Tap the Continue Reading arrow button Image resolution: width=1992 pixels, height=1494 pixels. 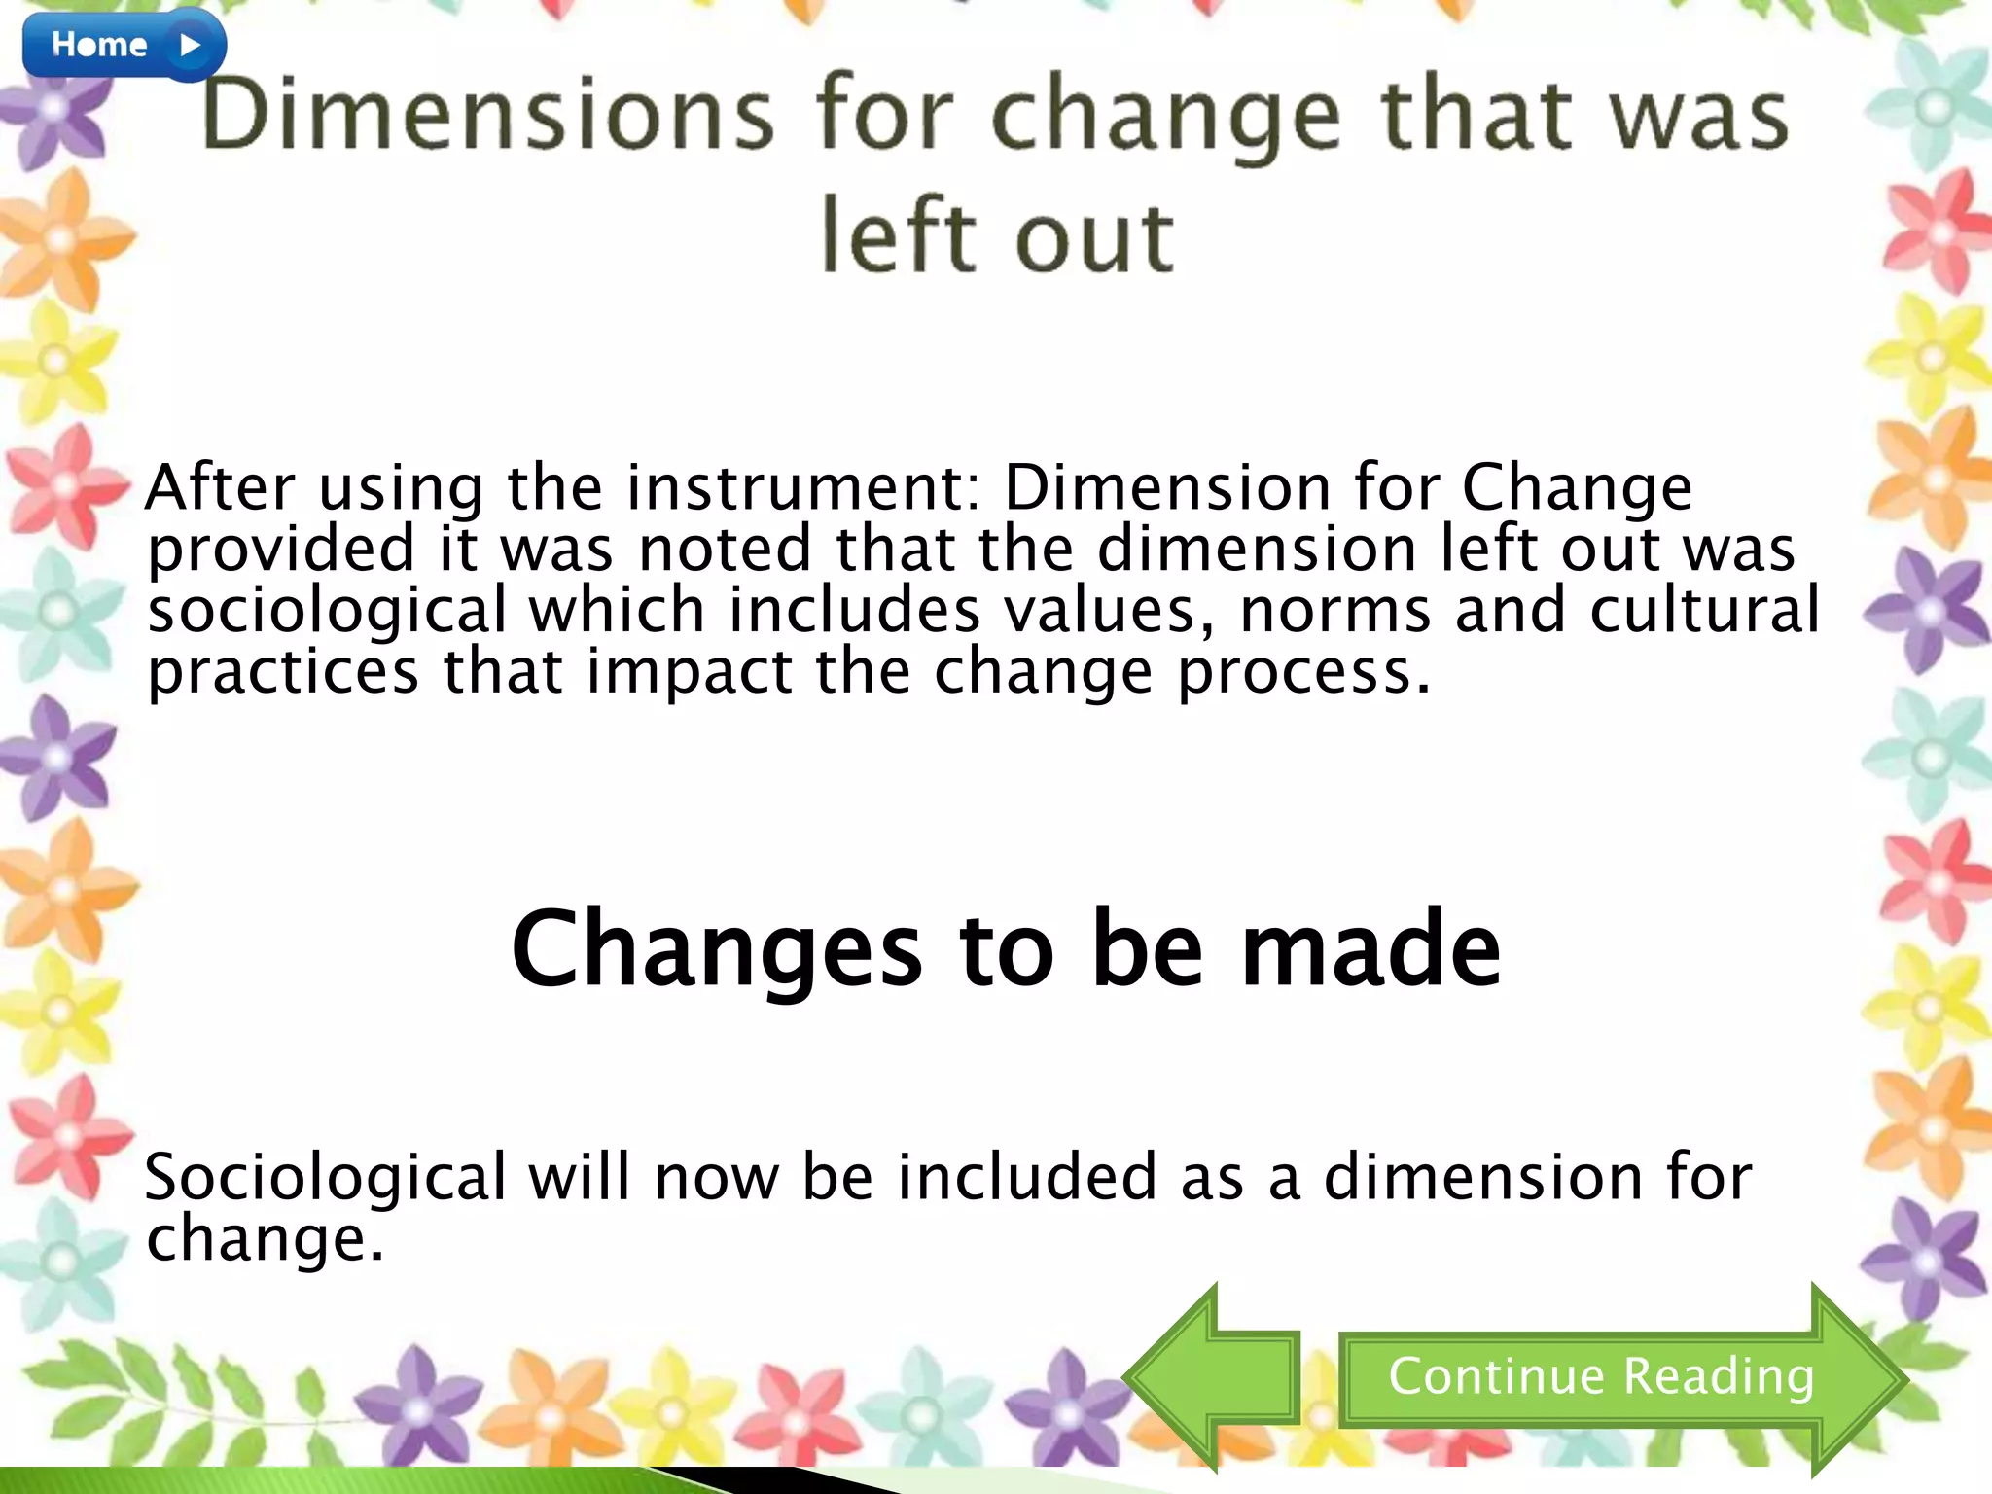pos(1601,1377)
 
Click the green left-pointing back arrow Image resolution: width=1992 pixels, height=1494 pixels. pos(1211,1377)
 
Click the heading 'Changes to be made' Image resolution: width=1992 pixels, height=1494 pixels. pos(1006,948)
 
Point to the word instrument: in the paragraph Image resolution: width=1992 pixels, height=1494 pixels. pos(802,487)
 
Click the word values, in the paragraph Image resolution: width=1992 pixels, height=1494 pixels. pos(1110,611)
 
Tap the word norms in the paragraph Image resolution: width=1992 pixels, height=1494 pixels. pos(1335,611)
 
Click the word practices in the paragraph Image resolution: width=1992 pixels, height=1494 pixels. pos(283,673)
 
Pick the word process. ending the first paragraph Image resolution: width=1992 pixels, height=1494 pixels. pos(1304,673)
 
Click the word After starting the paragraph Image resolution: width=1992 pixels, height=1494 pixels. pos(220,487)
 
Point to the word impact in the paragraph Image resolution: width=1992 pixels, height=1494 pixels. pos(690,673)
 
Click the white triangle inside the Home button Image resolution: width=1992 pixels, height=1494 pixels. pos(191,45)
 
